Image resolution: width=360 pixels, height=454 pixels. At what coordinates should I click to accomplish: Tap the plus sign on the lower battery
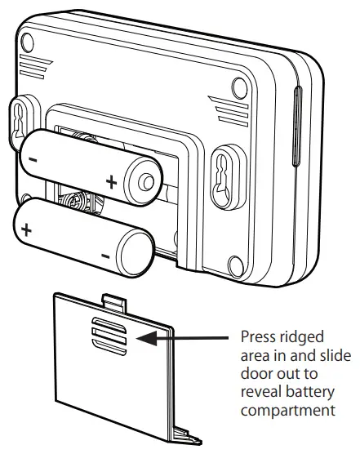click(x=27, y=229)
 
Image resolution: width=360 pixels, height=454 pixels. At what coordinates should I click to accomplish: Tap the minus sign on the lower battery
click(x=105, y=258)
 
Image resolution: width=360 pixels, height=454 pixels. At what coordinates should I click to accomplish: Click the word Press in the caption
click(x=258, y=337)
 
